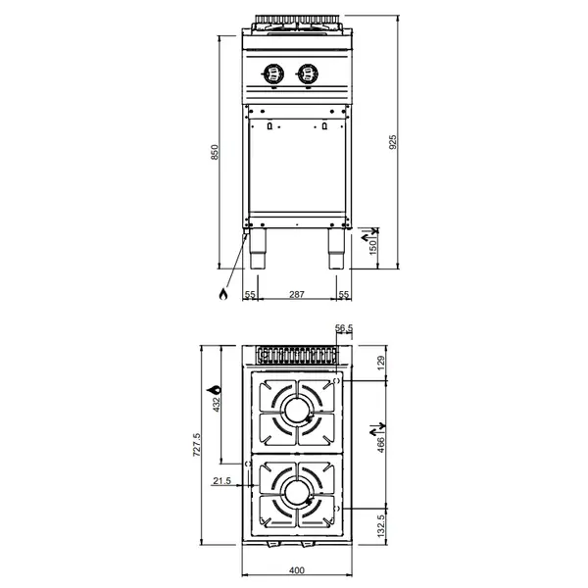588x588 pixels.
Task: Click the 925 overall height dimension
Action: pyautogui.click(x=394, y=141)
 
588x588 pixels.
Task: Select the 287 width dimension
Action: pyautogui.click(x=297, y=294)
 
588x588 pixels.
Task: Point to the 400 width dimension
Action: pyautogui.click(x=297, y=571)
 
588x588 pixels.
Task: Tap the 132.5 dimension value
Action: pyautogui.click(x=382, y=529)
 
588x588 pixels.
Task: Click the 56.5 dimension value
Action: pyautogui.click(x=344, y=328)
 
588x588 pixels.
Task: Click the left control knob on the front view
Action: pyautogui.click(x=274, y=72)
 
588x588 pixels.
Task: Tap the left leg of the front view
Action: pyautogui.click(x=259, y=252)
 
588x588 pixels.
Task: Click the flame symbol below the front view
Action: pyautogui.click(x=224, y=294)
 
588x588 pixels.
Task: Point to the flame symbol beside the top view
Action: pyautogui.click(x=209, y=394)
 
